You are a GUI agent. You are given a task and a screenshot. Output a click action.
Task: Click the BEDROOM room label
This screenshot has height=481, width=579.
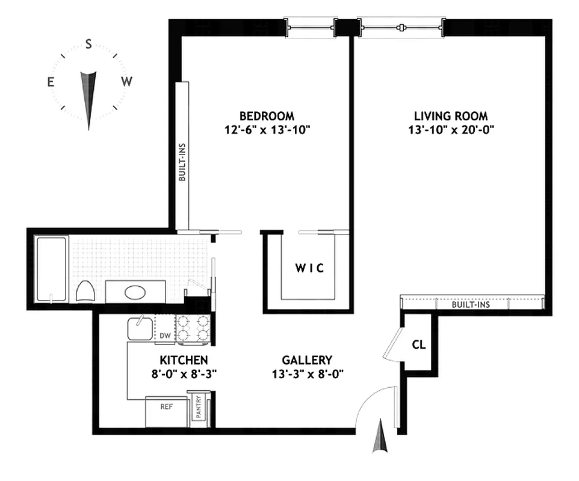point(267,115)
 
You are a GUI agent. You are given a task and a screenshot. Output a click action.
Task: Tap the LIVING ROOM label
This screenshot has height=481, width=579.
point(450,115)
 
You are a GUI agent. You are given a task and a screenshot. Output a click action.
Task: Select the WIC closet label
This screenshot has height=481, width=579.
point(309,269)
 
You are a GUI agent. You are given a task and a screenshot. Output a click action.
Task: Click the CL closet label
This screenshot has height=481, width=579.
point(419,345)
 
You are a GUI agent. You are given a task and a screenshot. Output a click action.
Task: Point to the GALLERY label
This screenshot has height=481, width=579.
point(307,360)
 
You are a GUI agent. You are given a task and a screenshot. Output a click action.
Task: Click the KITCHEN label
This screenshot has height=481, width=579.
point(184,360)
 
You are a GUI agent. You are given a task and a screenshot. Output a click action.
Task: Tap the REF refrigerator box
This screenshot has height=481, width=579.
point(166,407)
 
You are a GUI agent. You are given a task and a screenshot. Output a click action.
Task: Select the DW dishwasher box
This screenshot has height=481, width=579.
point(164,335)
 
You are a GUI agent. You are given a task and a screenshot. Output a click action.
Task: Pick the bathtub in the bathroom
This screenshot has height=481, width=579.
point(51,269)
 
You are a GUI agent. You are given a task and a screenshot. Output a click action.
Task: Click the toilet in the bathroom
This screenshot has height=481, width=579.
point(85,291)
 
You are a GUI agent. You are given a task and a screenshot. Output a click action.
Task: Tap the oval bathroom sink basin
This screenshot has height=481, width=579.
point(135,293)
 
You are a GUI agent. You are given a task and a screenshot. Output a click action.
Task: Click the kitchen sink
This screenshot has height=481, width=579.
point(141,329)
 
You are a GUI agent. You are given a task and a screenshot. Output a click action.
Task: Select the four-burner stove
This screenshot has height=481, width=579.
point(193,329)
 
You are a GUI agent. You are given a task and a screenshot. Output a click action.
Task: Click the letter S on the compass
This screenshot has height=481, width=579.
point(88,44)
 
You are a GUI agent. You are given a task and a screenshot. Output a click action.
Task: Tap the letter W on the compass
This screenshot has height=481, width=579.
point(126,82)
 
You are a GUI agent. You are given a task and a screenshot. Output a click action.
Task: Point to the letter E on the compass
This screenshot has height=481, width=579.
point(51,82)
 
